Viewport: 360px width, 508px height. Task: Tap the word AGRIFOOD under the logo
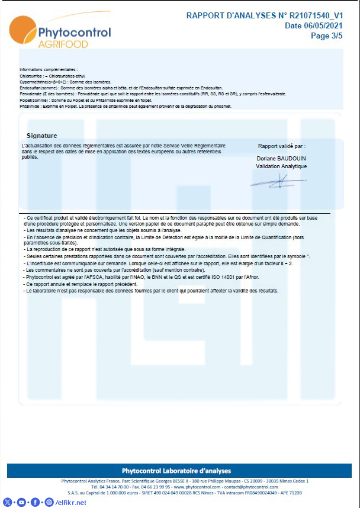[x=63, y=44]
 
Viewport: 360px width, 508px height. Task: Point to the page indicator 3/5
[x=336, y=36]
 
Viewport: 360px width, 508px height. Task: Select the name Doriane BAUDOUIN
[x=282, y=159]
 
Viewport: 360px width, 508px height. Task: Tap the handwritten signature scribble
[x=275, y=182]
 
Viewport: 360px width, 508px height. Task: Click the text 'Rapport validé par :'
[x=282, y=146]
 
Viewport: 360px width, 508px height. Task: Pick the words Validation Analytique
[x=281, y=166]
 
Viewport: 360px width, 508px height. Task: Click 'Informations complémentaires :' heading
[x=49, y=70]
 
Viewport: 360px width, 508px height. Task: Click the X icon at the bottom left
[x=7, y=502]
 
